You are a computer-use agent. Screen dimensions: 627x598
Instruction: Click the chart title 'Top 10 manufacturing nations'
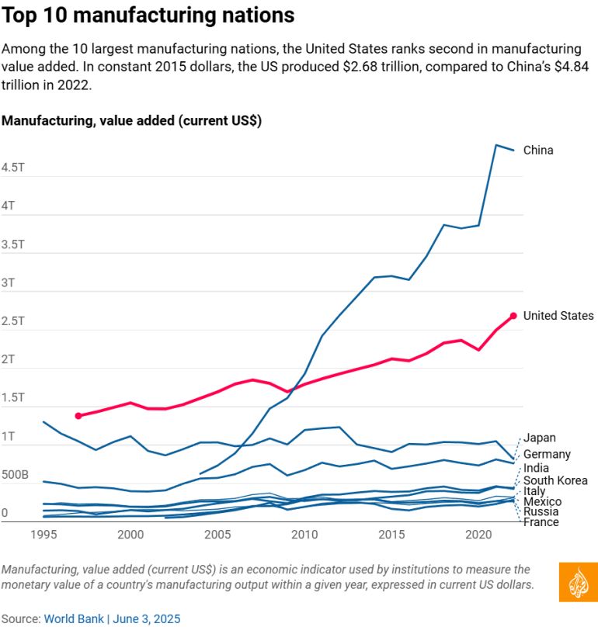pos(148,16)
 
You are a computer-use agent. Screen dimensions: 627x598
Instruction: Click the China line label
pos(538,150)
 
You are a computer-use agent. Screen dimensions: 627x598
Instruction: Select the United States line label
pos(558,315)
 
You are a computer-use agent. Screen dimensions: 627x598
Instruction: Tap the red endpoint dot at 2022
pos(513,316)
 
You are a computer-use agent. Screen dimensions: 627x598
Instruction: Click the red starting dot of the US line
pos(78,416)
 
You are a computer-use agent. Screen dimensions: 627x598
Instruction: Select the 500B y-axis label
pos(16,475)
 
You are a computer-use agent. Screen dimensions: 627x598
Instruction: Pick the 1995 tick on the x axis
pos(43,535)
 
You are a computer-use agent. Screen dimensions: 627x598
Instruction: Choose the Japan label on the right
pos(539,438)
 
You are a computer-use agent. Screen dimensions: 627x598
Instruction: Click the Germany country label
pos(547,454)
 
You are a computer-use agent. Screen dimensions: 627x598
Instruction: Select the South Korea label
pos(555,481)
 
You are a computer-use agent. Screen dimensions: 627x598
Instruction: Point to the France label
pos(541,522)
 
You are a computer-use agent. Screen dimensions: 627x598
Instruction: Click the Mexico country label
pos(542,502)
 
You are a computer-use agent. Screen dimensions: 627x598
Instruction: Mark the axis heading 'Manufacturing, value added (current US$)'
pos(131,121)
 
